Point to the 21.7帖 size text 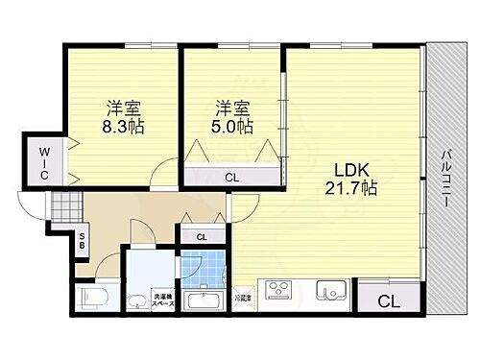point(348,187)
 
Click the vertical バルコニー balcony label point(446,183)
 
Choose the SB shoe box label point(84,241)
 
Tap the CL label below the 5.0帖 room point(232,176)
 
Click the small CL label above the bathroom point(201,236)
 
